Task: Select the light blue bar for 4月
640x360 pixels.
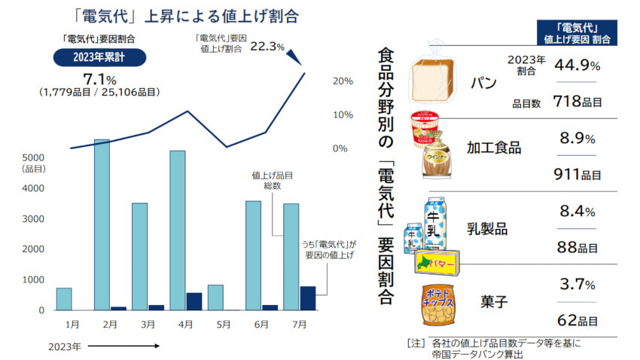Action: click(178, 230)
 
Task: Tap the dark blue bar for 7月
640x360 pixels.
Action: click(307, 298)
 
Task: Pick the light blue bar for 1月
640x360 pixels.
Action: click(64, 299)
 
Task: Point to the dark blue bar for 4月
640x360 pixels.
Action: click(194, 301)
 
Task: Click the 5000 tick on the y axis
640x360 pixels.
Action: click(32, 157)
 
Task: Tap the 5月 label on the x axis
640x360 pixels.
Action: click(223, 325)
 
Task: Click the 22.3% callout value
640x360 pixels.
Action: click(267, 46)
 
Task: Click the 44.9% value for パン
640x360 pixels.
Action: click(576, 66)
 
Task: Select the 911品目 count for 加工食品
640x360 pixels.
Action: click(576, 175)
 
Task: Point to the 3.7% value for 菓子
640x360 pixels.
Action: click(578, 285)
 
